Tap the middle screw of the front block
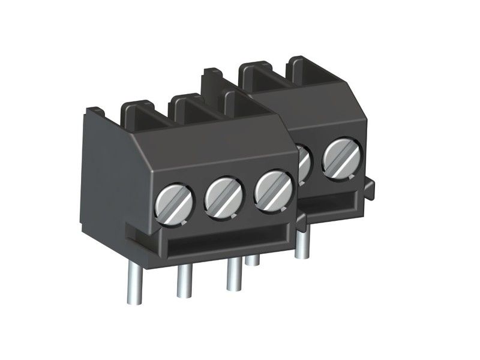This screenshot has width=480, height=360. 223,196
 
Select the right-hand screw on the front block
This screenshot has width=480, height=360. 272,189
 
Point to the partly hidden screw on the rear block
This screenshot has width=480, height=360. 303,161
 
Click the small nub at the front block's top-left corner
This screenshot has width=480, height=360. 96,110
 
